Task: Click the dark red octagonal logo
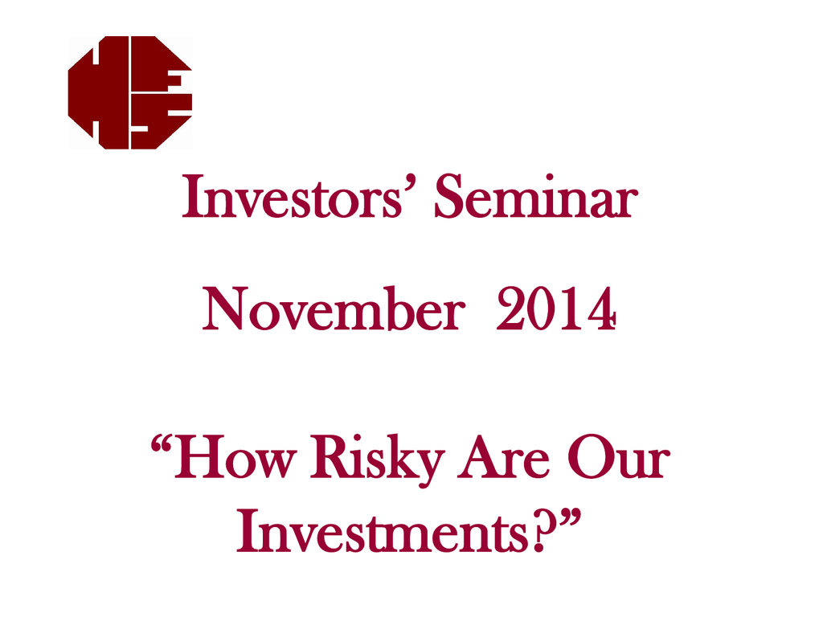[x=130, y=92]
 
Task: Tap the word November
[x=334, y=308]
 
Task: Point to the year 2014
[x=556, y=308]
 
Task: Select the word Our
[x=619, y=457]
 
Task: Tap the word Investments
[x=382, y=531]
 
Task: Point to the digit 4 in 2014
[x=602, y=308]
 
